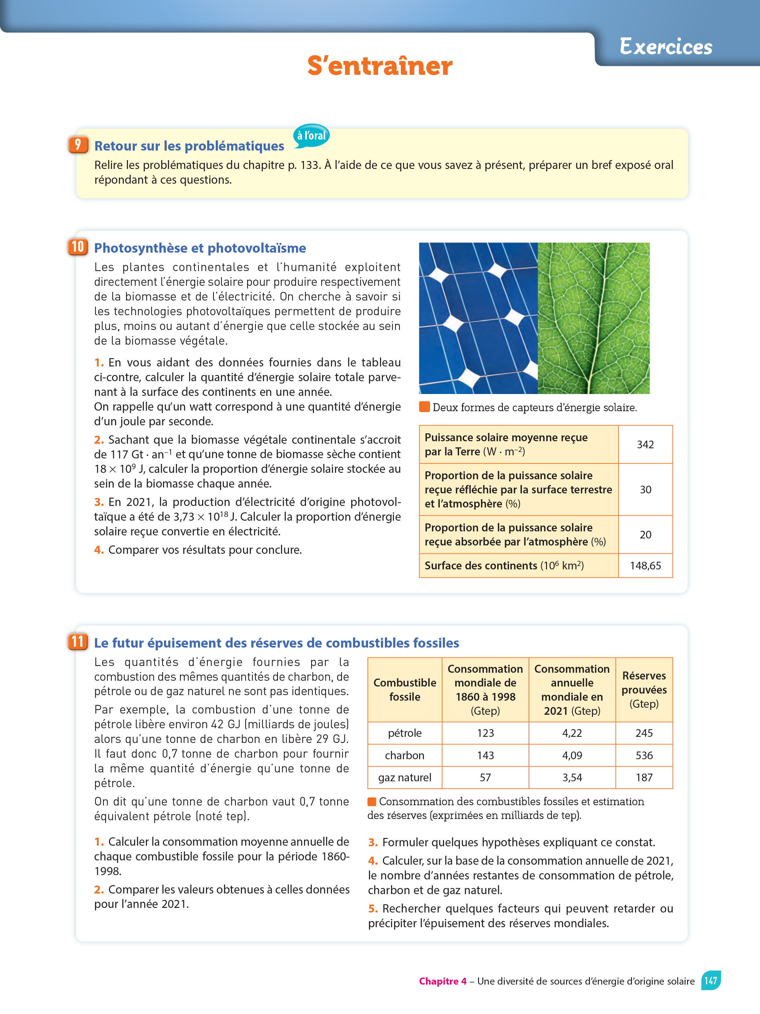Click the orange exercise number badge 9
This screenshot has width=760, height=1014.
click(78, 145)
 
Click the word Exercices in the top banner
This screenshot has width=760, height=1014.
click(666, 47)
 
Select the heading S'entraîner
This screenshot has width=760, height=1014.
click(379, 66)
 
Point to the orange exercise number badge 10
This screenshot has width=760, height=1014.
click(78, 247)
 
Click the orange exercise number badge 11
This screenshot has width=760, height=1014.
click(78, 642)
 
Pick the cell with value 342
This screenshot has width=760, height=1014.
click(645, 444)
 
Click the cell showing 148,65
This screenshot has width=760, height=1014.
click(645, 566)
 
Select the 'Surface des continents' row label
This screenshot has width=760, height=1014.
click(504, 566)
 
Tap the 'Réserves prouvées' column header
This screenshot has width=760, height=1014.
click(644, 690)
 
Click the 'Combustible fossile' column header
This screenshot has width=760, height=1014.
click(405, 690)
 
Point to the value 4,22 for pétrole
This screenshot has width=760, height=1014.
click(572, 733)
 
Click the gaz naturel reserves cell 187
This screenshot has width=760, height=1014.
click(644, 778)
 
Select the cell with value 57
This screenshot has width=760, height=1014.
click(485, 778)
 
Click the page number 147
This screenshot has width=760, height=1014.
click(711, 981)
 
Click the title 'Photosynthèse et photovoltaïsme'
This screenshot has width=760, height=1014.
click(200, 248)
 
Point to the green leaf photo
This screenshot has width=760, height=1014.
click(593, 318)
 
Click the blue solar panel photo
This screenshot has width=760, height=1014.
click(478, 318)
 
